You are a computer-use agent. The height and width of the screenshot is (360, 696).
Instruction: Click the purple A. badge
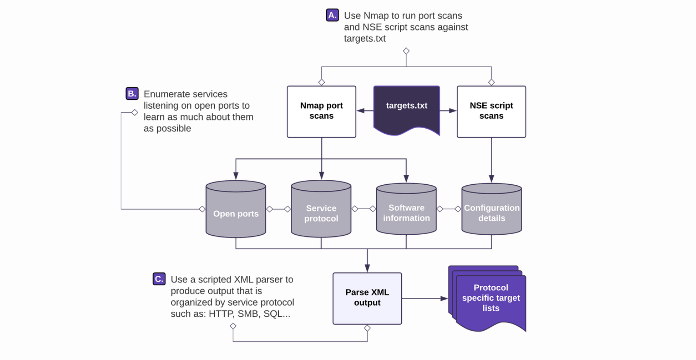(332, 16)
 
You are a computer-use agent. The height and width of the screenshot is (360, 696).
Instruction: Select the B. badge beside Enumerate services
(132, 93)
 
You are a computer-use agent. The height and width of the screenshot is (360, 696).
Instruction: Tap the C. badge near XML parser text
(159, 279)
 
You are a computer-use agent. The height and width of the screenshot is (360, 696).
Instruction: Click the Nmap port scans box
(321, 111)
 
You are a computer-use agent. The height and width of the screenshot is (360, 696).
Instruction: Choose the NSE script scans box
(491, 111)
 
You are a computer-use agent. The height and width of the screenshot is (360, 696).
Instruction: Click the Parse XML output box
(367, 298)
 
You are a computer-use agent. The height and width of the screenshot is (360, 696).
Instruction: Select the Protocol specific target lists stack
(489, 298)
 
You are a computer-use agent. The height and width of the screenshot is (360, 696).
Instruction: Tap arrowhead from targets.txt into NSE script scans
(453, 111)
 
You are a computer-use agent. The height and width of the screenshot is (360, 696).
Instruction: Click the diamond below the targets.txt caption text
(406, 51)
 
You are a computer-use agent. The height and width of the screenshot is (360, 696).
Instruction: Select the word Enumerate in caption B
(165, 94)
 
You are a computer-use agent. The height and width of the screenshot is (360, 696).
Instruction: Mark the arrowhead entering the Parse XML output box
(367, 269)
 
